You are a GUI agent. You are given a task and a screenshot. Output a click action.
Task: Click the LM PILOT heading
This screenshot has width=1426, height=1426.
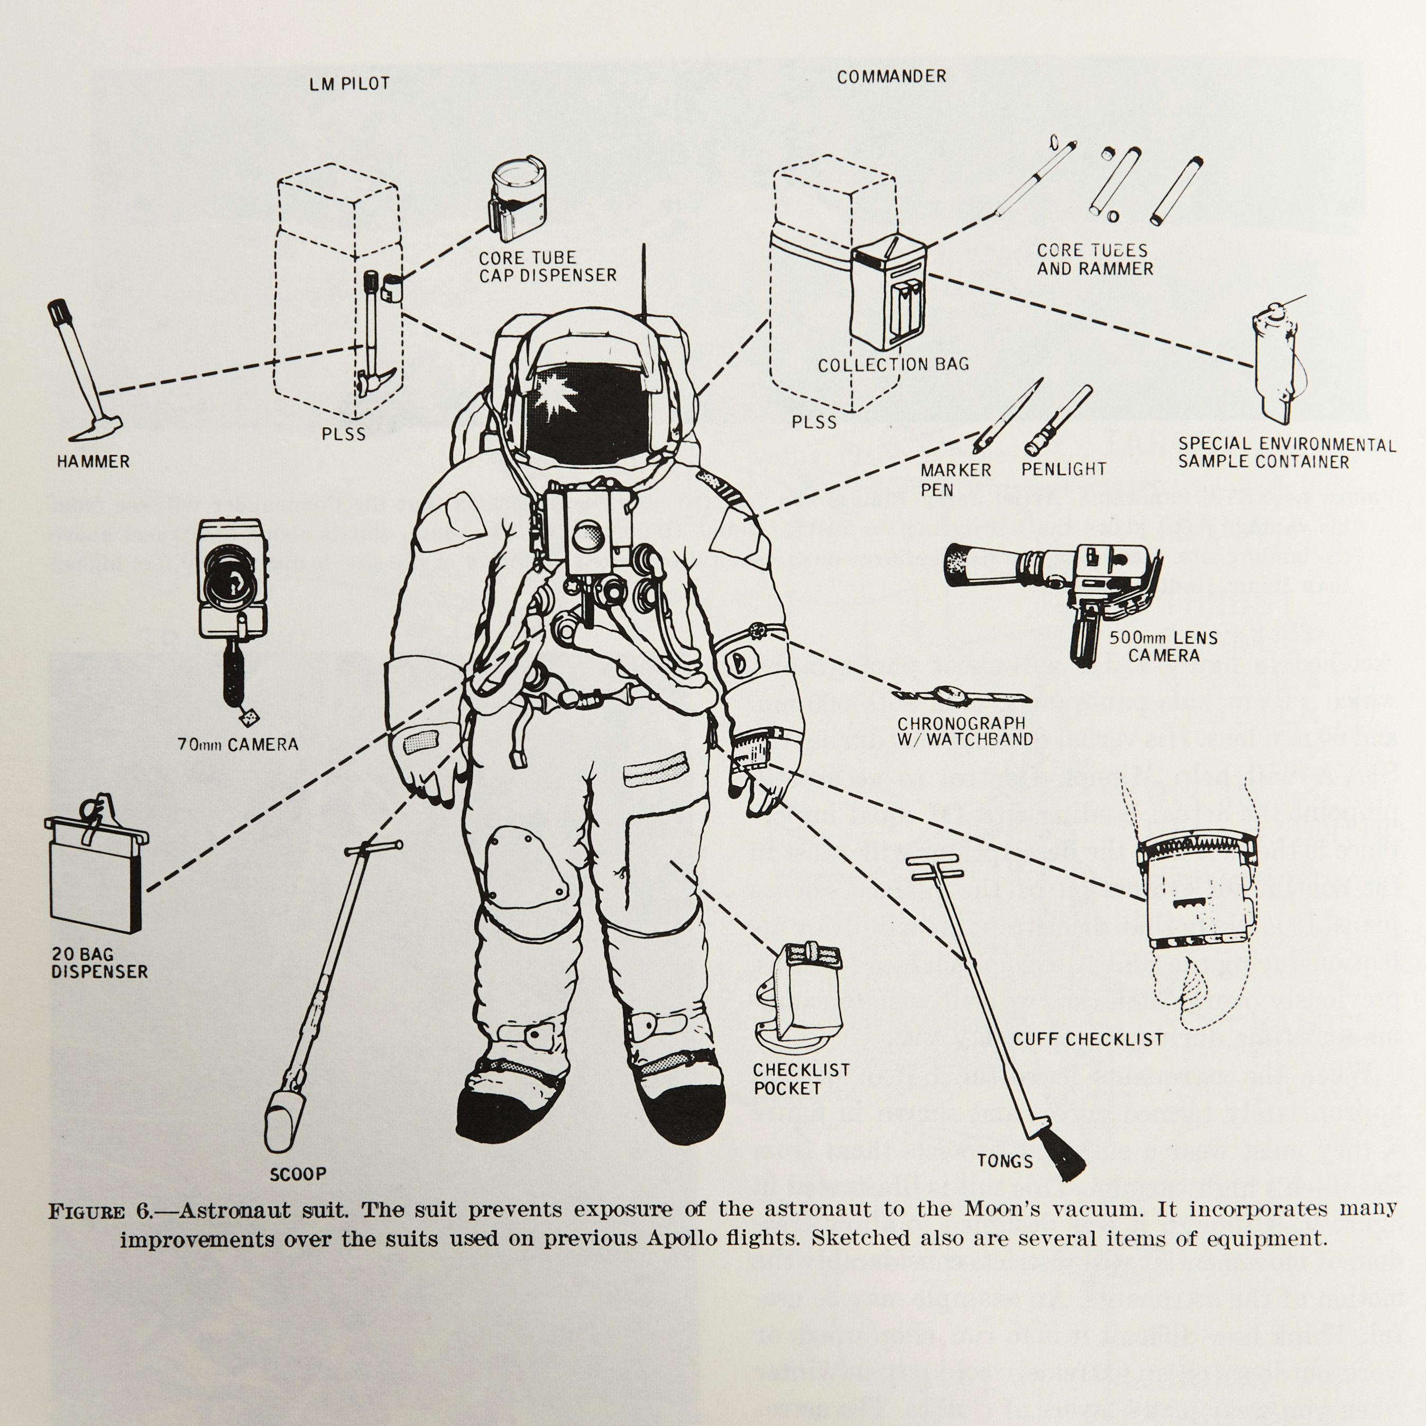[348, 84]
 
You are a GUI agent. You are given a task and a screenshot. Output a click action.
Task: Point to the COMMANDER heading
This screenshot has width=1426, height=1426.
[891, 77]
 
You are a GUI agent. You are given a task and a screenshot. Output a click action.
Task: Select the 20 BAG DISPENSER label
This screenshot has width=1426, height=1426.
[99, 962]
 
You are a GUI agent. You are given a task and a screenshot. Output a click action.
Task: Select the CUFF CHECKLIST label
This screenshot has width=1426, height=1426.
[1088, 1039]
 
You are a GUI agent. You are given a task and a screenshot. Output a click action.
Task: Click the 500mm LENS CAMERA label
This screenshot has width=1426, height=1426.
[1163, 647]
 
